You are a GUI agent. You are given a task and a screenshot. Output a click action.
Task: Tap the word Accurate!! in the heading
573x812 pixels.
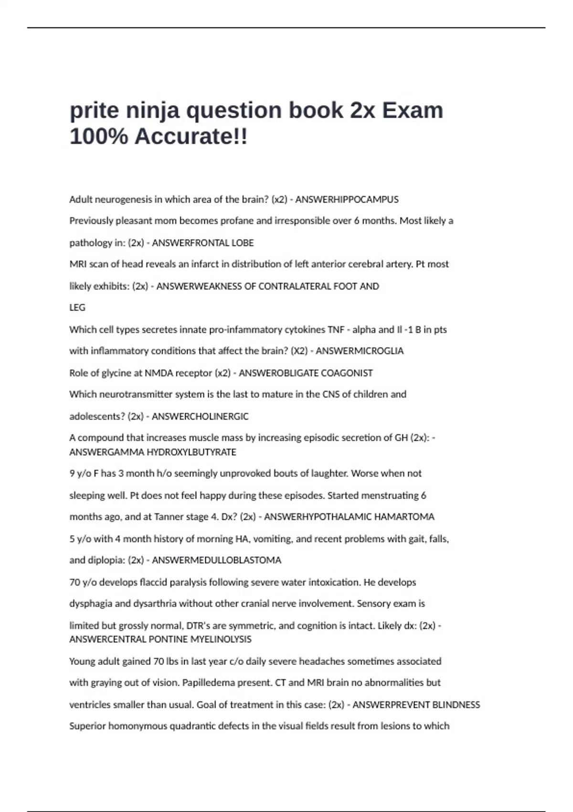click(x=191, y=137)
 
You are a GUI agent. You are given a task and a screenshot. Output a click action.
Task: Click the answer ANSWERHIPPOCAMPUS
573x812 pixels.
click(x=347, y=200)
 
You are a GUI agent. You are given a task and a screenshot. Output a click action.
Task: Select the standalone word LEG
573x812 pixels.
click(x=77, y=308)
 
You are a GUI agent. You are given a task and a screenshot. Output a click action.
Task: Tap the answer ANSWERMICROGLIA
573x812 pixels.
click(x=360, y=351)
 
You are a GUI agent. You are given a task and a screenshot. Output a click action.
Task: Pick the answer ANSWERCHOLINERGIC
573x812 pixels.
click(x=200, y=417)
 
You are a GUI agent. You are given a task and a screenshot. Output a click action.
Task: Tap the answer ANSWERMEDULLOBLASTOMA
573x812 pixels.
click(x=216, y=560)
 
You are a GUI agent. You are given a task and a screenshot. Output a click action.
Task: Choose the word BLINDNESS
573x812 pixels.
click(x=456, y=705)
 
